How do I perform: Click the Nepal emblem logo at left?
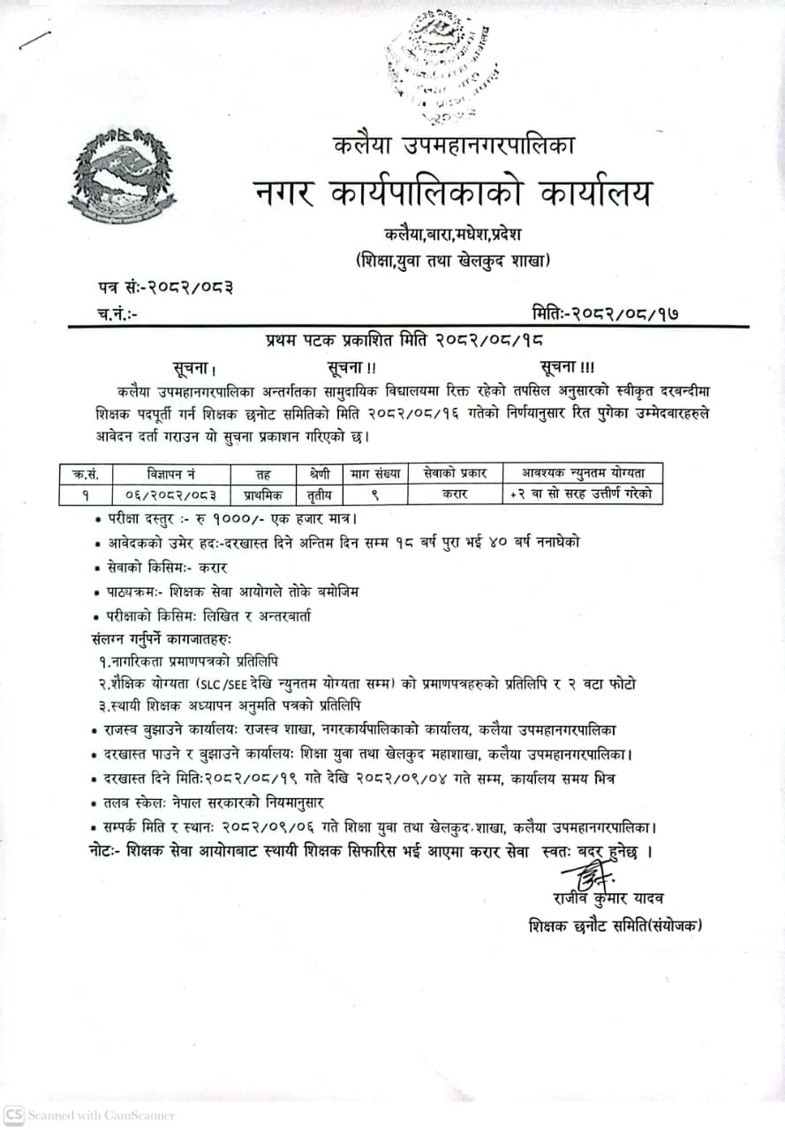pyautogui.click(x=121, y=176)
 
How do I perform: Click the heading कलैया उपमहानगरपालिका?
pyautogui.click(x=454, y=143)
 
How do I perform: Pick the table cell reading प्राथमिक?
pyautogui.click(x=263, y=495)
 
